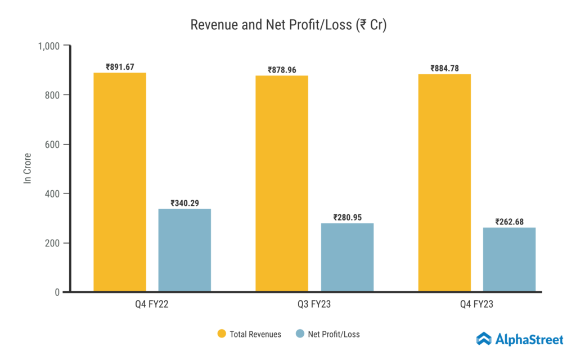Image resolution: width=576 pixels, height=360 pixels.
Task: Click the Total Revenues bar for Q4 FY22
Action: pyautogui.click(x=120, y=182)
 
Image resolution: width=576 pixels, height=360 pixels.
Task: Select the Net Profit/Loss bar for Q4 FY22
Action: pyautogui.click(x=184, y=250)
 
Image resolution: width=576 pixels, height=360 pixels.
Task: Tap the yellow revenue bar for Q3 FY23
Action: pyautogui.click(x=282, y=184)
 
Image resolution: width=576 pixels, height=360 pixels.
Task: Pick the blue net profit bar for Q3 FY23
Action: pyautogui.click(x=347, y=258)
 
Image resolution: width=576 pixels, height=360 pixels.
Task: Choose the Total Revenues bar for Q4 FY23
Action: pyautogui.click(x=444, y=183)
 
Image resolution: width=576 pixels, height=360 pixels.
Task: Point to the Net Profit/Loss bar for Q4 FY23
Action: pyautogui.click(x=509, y=260)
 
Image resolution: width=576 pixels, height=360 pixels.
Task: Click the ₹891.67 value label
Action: pyautogui.click(x=120, y=67)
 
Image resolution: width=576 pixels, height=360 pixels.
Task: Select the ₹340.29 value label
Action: pyautogui.click(x=184, y=203)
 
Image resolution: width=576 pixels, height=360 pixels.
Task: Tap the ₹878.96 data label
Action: pyautogui.click(x=282, y=70)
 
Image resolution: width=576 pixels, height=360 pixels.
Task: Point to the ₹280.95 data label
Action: pyautogui.click(x=347, y=217)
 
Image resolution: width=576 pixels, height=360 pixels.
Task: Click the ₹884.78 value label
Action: pyautogui.click(x=444, y=69)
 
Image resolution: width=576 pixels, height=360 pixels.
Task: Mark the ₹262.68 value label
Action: pyautogui.click(x=509, y=222)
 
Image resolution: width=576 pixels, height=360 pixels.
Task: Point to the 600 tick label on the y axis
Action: pyautogui.click(x=53, y=145)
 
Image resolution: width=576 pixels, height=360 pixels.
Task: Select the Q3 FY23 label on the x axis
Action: pyautogui.click(x=314, y=305)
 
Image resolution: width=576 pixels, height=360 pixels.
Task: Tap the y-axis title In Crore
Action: pyautogui.click(x=27, y=169)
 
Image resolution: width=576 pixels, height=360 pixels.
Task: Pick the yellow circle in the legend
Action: pyautogui.click(x=222, y=334)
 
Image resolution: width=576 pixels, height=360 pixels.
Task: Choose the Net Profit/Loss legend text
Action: pyautogui.click(x=334, y=334)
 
